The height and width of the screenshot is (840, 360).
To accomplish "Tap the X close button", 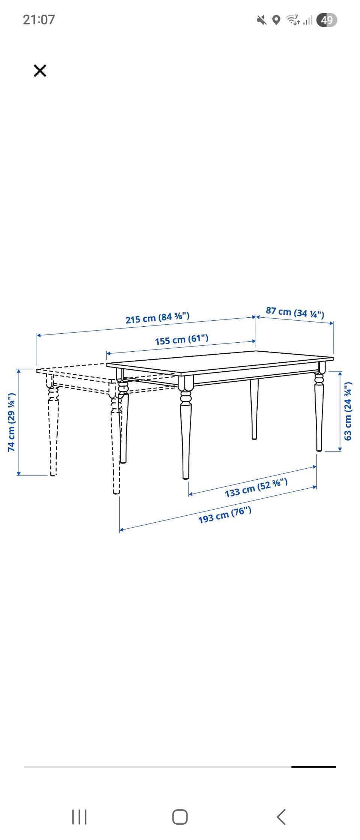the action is [x=40, y=70].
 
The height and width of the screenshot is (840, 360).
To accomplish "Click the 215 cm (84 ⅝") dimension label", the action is [x=157, y=318].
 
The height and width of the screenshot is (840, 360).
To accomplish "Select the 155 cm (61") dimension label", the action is [x=181, y=340].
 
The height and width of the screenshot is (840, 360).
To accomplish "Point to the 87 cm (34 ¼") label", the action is [x=295, y=312].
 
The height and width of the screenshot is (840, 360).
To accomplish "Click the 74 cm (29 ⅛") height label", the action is [x=12, y=422].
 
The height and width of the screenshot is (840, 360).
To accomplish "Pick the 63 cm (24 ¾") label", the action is [x=348, y=411].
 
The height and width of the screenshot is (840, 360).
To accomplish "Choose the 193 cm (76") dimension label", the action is [x=225, y=515].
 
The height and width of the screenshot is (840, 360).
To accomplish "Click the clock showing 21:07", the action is [x=39, y=19].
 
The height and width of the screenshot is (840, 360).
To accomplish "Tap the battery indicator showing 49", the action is [x=327, y=20].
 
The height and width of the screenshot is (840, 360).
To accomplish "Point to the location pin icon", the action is [x=276, y=20].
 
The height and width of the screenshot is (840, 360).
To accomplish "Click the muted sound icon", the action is [x=262, y=20].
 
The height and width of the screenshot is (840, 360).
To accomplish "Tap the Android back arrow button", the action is [x=281, y=817].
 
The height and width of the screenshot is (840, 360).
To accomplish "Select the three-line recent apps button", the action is [x=79, y=817].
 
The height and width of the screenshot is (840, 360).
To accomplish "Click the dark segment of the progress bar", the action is [x=313, y=767].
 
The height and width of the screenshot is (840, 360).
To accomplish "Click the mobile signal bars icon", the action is [x=308, y=20].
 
